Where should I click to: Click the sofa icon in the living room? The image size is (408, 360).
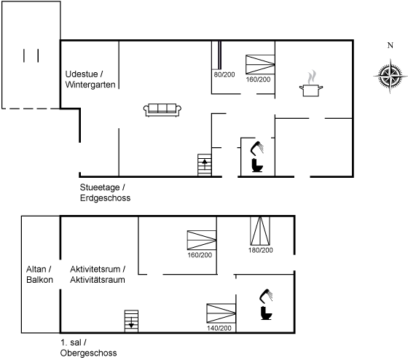[x=162, y=110]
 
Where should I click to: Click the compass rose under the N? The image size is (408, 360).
[x=390, y=76]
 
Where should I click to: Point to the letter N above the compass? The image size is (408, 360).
[x=391, y=45]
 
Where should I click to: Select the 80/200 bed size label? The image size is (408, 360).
[x=224, y=74]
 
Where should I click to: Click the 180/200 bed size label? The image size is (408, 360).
[x=261, y=250]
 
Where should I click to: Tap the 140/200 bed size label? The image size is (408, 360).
[x=219, y=328]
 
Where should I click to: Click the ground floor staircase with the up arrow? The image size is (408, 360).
[x=205, y=165]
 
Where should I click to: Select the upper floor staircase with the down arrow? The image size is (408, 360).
[x=131, y=321]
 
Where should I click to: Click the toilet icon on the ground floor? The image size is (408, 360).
[x=257, y=165]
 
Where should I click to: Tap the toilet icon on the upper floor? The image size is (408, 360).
[x=266, y=313]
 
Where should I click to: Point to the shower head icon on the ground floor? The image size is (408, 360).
[x=257, y=148]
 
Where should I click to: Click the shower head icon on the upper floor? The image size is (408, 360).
[x=266, y=296]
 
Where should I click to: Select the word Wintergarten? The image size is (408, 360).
[x=90, y=85]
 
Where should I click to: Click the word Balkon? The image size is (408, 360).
[x=39, y=280]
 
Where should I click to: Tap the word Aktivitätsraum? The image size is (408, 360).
[x=98, y=280]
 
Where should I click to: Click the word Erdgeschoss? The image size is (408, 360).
[x=105, y=197]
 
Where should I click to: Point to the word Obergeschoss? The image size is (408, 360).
[x=88, y=353]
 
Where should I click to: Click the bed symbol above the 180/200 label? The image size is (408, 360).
[x=260, y=231]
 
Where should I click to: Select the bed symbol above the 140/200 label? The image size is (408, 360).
[x=221, y=313]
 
